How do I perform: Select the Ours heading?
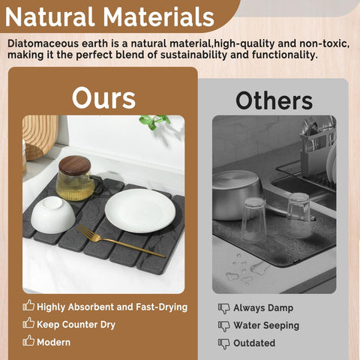103,98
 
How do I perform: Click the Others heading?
274,100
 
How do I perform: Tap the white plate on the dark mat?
139,209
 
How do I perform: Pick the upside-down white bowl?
52,214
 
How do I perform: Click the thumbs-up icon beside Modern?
29,340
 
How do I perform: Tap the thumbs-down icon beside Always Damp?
223,307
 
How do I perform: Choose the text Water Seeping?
266,325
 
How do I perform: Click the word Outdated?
254,343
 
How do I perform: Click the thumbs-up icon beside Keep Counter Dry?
29,323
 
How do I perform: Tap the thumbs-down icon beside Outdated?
223,343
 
